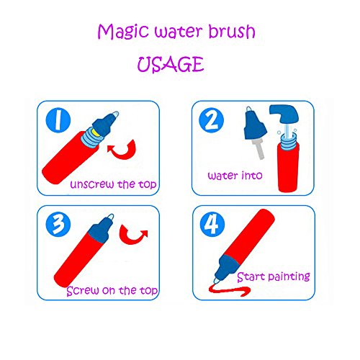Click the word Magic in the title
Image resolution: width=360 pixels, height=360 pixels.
[x=123, y=32]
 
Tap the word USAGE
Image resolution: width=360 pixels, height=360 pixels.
[x=171, y=64]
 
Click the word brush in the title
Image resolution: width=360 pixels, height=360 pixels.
[x=232, y=31]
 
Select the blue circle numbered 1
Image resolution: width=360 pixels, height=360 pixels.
[x=58, y=120]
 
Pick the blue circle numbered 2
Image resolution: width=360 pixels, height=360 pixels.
[x=211, y=120]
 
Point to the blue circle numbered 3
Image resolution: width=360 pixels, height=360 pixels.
[x=58, y=224]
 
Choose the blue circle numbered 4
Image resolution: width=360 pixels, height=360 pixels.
[x=212, y=224]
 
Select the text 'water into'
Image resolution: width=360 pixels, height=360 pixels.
[x=235, y=176]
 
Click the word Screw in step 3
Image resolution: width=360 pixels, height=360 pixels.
[x=83, y=291]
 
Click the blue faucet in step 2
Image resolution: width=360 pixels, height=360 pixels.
[x=284, y=114]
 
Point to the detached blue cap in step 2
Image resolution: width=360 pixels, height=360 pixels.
[x=254, y=125]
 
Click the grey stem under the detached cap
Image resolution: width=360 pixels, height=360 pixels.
[x=258, y=149]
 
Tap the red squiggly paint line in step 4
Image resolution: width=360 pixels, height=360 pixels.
[x=229, y=290]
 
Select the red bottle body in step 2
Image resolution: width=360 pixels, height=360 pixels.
[x=288, y=167]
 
